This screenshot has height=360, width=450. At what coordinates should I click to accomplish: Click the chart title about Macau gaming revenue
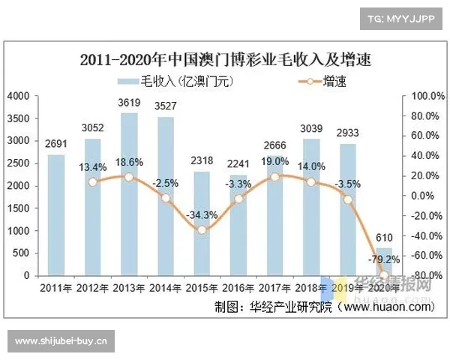226,58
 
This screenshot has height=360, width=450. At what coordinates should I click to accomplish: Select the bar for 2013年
129,195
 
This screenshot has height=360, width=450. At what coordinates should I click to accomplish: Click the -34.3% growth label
202,214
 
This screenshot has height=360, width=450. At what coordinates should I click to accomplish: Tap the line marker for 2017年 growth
274,177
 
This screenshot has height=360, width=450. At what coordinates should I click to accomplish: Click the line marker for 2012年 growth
93,182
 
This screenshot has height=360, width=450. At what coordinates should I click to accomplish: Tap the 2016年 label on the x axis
238,288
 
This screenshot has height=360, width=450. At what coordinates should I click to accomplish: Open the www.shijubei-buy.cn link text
63,341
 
